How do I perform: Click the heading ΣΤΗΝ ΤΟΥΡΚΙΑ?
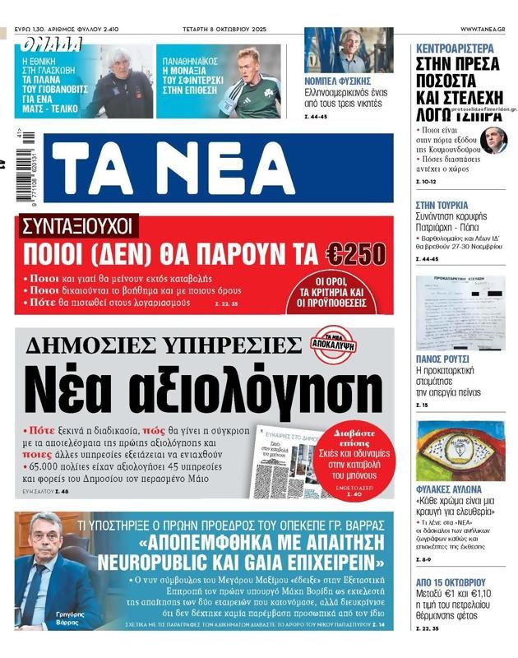[442, 205]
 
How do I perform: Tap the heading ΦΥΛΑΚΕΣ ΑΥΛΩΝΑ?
[450, 489]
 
